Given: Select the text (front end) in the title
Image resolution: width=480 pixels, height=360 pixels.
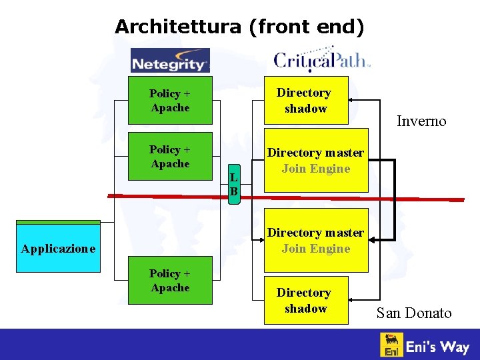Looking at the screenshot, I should [307, 27].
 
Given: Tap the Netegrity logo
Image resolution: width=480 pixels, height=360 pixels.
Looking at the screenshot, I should [170, 61].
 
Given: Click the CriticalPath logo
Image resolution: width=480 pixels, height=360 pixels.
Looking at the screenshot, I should [321, 59].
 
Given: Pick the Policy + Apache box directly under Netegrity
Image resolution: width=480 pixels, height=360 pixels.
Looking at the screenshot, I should [170, 101].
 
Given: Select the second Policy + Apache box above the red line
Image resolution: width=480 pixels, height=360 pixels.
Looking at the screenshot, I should [170, 157].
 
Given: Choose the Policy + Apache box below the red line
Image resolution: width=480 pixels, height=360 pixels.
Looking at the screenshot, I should [170, 281].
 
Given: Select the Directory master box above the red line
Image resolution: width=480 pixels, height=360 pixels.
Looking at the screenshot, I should [315, 161].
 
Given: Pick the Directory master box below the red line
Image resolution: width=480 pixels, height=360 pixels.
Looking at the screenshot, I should [315, 241].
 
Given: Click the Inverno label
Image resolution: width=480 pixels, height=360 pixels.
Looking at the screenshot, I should [421, 121].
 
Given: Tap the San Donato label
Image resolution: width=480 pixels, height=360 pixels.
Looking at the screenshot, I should [413, 313].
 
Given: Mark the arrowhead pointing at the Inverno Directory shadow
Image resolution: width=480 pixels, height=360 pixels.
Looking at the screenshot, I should [354, 101].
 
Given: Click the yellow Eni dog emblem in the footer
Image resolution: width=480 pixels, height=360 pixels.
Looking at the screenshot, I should [391, 345].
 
